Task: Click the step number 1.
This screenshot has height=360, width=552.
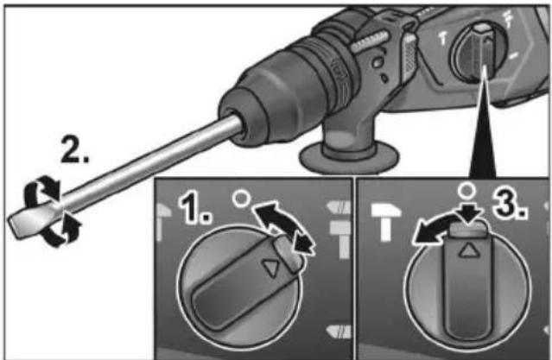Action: click(194, 209)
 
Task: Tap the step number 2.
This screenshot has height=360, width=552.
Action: click(74, 150)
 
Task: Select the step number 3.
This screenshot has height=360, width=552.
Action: click(510, 205)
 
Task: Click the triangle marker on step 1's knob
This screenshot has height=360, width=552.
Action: click(270, 268)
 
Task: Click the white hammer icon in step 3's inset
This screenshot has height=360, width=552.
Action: click(386, 221)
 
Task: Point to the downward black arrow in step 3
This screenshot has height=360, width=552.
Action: click(471, 212)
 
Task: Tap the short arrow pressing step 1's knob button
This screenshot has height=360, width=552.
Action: click(302, 243)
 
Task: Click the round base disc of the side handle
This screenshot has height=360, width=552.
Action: click(348, 159)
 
